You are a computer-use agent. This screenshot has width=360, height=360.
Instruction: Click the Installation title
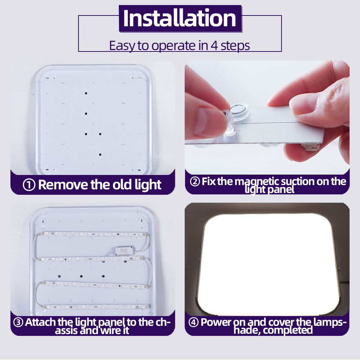(x=180, y=18)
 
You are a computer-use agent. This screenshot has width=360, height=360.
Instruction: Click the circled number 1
(x=29, y=185)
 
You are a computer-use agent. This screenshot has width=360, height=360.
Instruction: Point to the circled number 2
(x=195, y=181)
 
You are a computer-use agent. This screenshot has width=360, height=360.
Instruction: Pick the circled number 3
(x=18, y=323)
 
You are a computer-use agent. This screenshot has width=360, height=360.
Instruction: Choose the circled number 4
(x=193, y=323)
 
